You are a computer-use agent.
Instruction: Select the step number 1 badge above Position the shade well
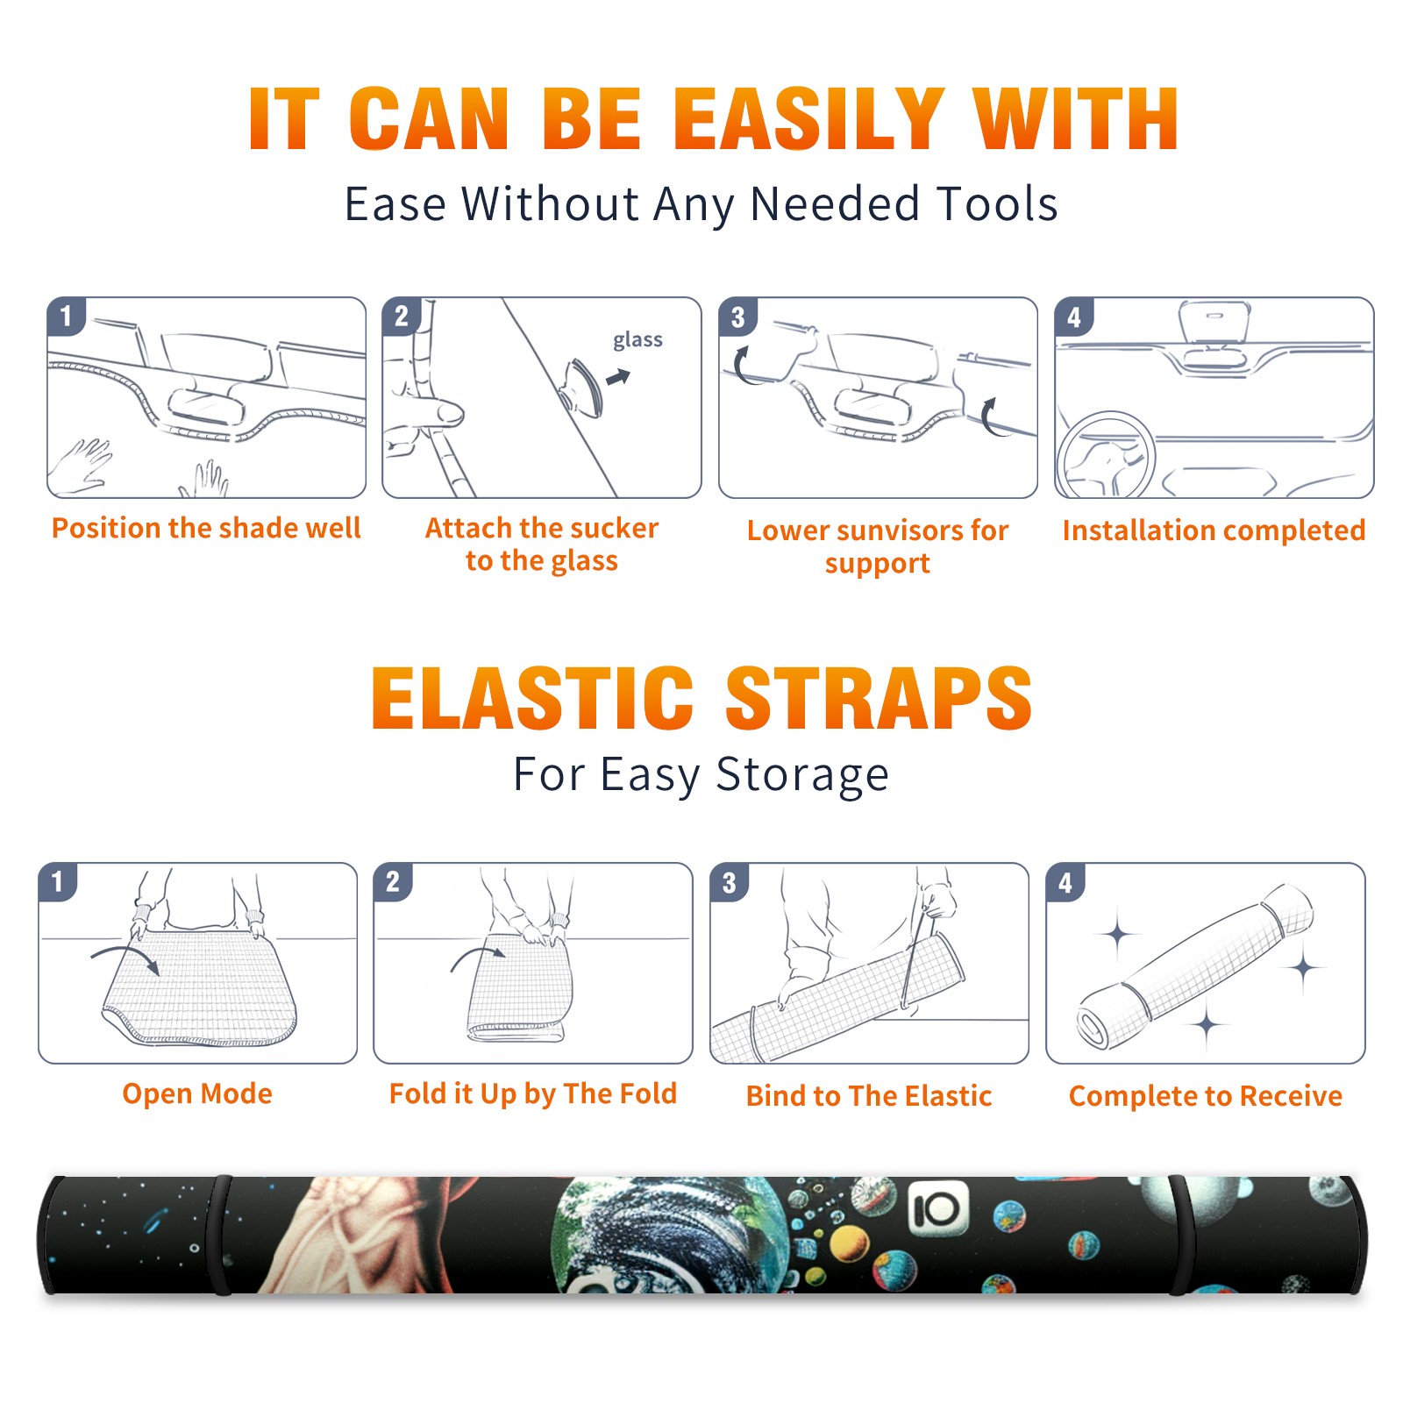tap(66, 316)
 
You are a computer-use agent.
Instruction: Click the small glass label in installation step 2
tap(637, 340)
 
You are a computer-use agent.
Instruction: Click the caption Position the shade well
tap(206, 528)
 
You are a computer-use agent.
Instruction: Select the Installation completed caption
tap(1214, 531)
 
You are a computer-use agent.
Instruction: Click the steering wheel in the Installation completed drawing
tap(1106, 455)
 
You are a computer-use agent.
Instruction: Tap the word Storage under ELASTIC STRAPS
tap(802, 775)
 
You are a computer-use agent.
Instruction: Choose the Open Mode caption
tap(197, 1093)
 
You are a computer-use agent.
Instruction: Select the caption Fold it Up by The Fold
tap(533, 1093)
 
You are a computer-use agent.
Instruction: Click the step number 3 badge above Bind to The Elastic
tap(729, 882)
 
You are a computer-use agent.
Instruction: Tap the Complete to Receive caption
tap(1206, 1096)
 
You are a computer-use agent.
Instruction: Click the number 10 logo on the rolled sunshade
tap(937, 1210)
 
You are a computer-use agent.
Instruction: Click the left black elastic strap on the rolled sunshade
tap(220, 1236)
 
